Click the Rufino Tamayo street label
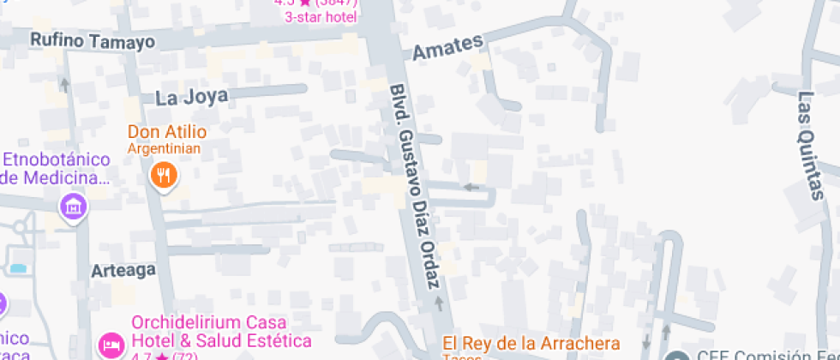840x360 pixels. coord(93,40)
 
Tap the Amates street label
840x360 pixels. coord(447,47)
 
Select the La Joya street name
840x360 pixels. coord(192,97)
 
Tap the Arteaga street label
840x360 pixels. coord(123,270)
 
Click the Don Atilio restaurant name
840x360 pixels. coord(167,132)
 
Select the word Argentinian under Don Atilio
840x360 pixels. coord(164,148)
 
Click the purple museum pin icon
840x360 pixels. coord(74,206)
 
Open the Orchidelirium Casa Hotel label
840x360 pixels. coord(220,333)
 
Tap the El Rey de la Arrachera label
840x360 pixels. coord(531,343)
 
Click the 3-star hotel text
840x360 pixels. coord(321,15)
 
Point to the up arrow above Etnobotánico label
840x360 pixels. coord(65,84)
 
